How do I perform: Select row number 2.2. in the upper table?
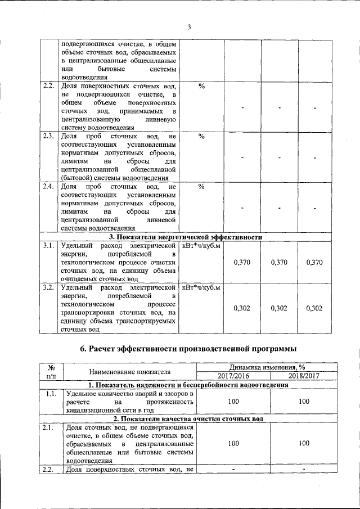click(48, 87)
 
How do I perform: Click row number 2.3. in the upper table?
click(48, 137)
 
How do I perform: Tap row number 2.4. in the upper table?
click(48, 187)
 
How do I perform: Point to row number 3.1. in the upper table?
click(48, 246)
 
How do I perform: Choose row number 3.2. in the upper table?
click(48, 289)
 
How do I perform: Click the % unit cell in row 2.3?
click(201, 137)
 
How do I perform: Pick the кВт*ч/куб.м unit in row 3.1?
click(201, 246)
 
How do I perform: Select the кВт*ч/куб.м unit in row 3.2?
click(201, 289)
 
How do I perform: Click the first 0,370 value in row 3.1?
click(241, 263)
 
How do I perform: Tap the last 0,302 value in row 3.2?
click(314, 308)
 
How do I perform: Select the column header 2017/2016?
click(232, 376)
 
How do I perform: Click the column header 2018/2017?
click(304, 376)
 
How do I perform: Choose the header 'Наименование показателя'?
click(129, 371)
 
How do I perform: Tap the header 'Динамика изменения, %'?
click(268, 367)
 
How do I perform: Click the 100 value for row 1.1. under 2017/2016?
click(232, 403)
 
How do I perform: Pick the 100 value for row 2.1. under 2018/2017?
click(304, 443)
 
